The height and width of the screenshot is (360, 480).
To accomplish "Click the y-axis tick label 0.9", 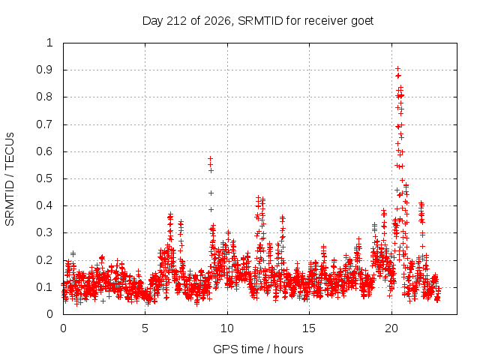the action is pos(44,70).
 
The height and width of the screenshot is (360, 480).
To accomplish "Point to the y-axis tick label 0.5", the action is pos(44,178).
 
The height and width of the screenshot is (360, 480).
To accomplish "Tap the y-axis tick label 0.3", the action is pos(44,232).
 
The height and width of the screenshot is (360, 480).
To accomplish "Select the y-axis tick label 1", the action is pos(49,43).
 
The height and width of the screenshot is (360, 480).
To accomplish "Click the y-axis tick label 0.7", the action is pos(44,124).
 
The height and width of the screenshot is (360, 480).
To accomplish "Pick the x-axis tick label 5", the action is pos(145,328).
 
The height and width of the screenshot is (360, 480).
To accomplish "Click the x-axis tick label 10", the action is pos(226,328).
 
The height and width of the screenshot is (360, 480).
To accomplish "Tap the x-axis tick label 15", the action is pos(309,328).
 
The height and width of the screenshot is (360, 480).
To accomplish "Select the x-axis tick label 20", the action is pos(391,328).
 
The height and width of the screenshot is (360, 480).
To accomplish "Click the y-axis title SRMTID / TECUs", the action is pos(10,179).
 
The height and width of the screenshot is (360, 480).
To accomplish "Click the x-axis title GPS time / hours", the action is pos(258,349).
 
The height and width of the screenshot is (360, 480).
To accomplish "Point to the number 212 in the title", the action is pos(176,21).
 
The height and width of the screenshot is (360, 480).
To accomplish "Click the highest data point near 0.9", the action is pos(397,68).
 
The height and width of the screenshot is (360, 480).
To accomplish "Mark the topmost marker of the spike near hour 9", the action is pos(210,158).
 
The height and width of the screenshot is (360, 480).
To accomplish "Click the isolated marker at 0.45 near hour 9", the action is pos(211,193).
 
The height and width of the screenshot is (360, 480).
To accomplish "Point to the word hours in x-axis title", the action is pos(289,349).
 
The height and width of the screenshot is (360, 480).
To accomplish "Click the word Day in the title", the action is pos(152,21).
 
